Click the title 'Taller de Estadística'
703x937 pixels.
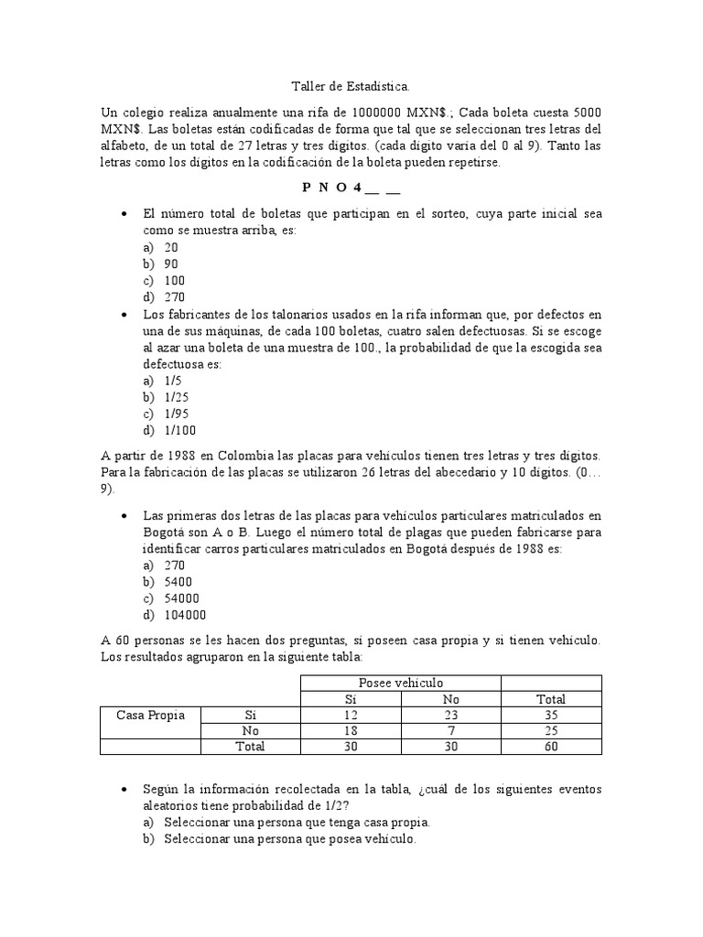click(351, 86)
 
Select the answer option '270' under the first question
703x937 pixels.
click(175, 297)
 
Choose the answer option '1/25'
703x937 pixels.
click(178, 397)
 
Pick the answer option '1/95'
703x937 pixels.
click(178, 414)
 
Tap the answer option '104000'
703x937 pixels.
click(186, 615)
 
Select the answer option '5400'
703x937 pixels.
click(178, 582)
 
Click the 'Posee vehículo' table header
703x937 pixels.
click(401, 684)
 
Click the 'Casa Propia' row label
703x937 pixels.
click(150, 715)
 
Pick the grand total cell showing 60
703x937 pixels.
click(551, 747)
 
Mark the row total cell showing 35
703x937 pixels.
click(551, 715)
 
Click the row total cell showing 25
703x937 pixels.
click(551, 730)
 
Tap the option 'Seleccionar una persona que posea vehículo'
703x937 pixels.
click(290, 838)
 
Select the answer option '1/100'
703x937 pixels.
click(181, 430)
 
